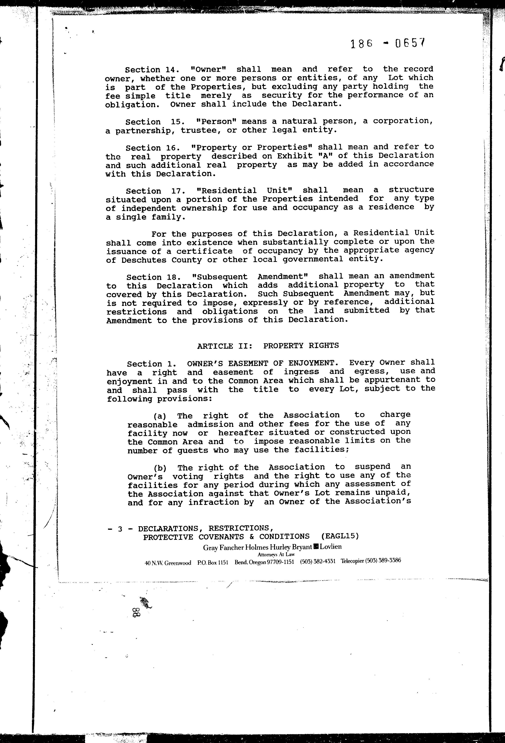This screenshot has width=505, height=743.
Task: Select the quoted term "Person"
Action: (216, 121)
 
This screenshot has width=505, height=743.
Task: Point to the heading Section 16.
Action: (148, 148)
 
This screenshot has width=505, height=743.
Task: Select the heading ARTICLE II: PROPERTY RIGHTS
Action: (268, 346)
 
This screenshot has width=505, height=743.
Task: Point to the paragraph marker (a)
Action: (160, 416)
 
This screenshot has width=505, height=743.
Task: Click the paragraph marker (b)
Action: (160, 468)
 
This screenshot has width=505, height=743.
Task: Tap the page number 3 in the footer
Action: (120, 529)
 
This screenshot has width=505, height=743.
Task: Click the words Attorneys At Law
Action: (276, 555)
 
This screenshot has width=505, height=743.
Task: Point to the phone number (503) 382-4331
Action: (317, 561)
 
